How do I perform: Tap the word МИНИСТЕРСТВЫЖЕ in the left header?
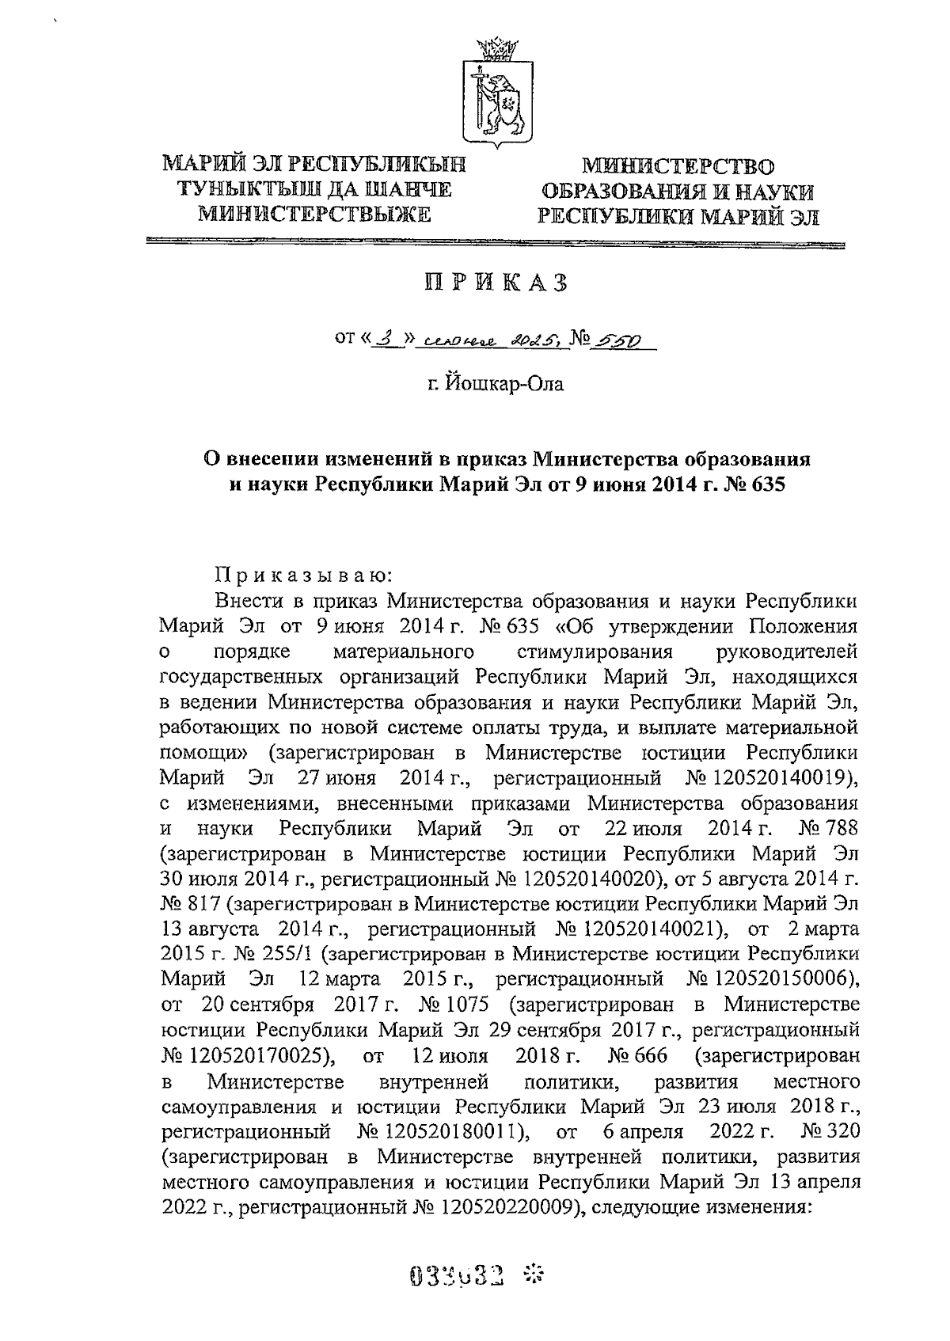pos(314,214)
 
